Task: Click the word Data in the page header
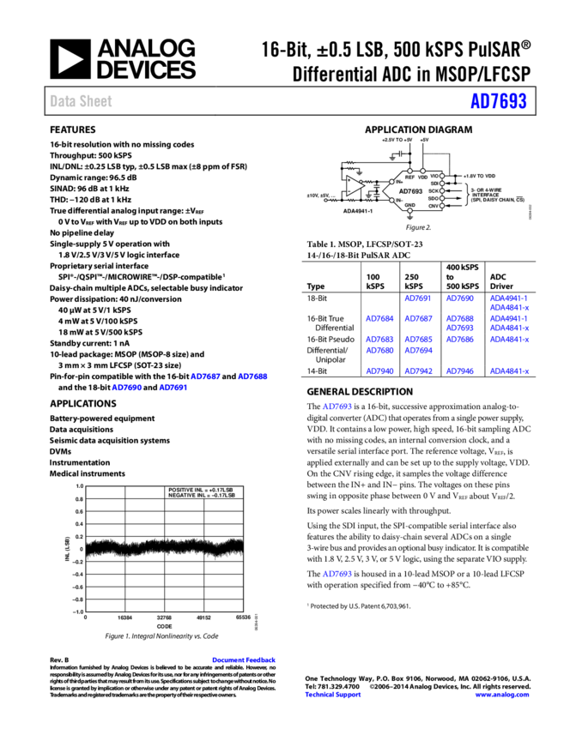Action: pyautogui.click(x=61, y=101)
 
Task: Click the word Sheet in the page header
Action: pyautogui.click(x=95, y=101)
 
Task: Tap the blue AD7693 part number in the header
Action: pyautogui.click(x=498, y=101)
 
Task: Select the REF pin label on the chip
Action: pyautogui.click(x=409, y=177)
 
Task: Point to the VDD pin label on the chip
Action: pyautogui.click(x=422, y=177)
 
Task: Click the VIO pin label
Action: pyautogui.click(x=434, y=176)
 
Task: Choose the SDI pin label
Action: pyautogui.click(x=434, y=184)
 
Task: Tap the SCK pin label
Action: pyautogui.click(x=434, y=191)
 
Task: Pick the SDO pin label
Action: pyautogui.click(x=434, y=198)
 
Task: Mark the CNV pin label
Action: pyautogui.click(x=434, y=206)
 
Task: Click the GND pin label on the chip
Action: pyautogui.click(x=409, y=205)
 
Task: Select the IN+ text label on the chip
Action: pyautogui.click(x=399, y=182)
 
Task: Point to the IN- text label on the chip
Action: pyautogui.click(x=399, y=200)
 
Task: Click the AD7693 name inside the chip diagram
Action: pyautogui.click(x=410, y=191)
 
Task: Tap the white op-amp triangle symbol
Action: pyautogui.click(x=354, y=185)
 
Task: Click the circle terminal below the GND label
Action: pyautogui.click(x=409, y=211)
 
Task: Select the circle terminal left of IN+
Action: pyautogui.click(x=391, y=182)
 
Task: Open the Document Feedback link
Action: pyautogui.click(x=244, y=660)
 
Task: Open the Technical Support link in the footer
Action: pyautogui.click(x=333, y=695)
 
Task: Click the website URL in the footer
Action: pyautogui.click(x=502, y=695)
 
